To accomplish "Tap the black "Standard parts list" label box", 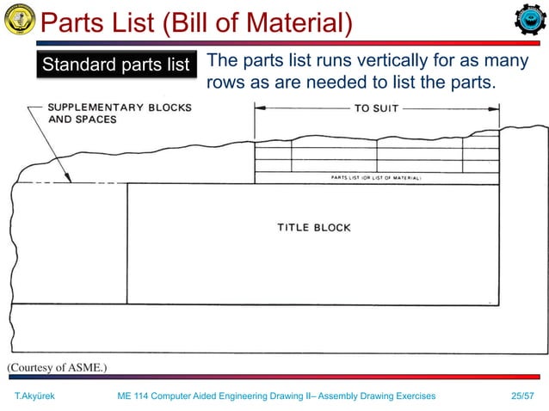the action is pyautogui.click(x=115, y=64).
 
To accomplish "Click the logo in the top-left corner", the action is pyautogui.click(x=19, y=18).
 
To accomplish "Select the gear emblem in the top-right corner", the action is pyautogui.click(x=528, y=21).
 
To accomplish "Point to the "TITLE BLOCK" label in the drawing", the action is pyautogui.click(x=313, y=228).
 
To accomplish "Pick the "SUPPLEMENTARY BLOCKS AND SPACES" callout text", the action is pyautogui.click(x=120, y=113).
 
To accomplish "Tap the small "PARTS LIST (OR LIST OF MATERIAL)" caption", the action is pyautogui.click(x=376, y=178).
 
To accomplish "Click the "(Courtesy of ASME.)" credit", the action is pyautogui.click(x=57, y=367).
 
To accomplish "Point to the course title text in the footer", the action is pyautogui.click(x=275, y=396).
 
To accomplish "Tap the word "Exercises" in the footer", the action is pyautogui.click(x=410, y=396).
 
